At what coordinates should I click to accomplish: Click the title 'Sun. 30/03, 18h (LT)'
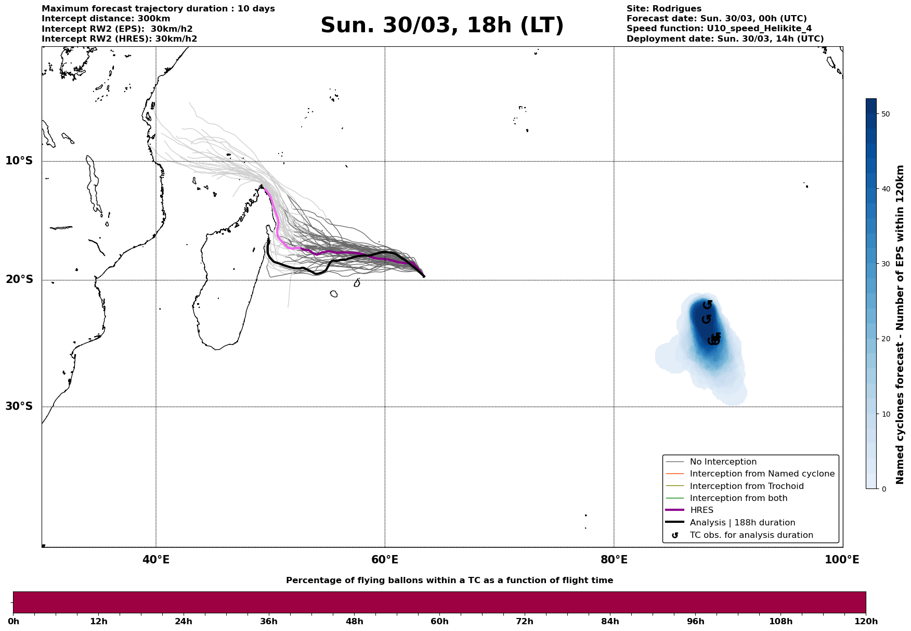(442, 25)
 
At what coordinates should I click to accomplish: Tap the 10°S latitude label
(19, 161)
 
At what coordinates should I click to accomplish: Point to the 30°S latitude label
(19, 406)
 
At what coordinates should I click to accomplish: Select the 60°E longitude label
(385, 560)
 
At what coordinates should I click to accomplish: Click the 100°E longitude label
(842, 560)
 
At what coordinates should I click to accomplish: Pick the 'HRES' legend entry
(701, 510)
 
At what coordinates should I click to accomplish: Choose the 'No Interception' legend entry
(723, 462)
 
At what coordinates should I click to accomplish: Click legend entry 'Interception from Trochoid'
(746, 486)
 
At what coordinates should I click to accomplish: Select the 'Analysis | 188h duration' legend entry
(742, 523)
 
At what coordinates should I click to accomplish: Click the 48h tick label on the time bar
(354, 622)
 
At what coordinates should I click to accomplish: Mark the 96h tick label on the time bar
(695, 622)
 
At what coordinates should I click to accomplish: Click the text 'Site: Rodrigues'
(663, 9)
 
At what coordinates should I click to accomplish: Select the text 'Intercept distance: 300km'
(106, 19)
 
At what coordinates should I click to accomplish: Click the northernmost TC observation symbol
(708, 305)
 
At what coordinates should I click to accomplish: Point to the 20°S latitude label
(19, 280)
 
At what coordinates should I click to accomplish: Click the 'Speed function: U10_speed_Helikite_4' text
(719, 29)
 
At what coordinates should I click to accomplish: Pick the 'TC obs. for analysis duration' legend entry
(751, 535)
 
